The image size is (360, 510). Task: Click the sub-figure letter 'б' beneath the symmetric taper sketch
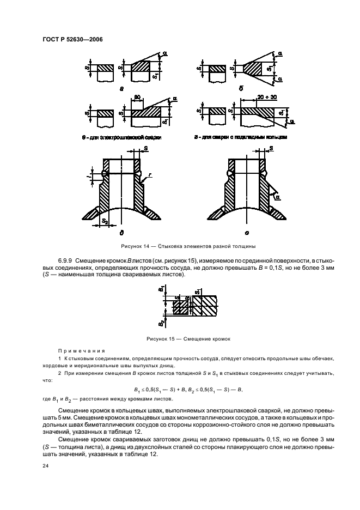click(241, 87)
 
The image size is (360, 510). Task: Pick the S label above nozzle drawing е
click(271, 148)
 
